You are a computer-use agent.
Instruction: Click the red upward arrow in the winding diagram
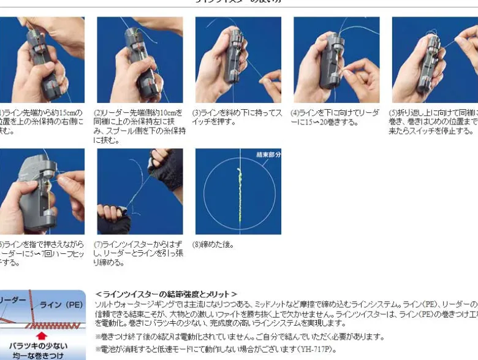[42, 335]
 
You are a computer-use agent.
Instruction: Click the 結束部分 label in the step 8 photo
[268, 155]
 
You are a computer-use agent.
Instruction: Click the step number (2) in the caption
[97, 113]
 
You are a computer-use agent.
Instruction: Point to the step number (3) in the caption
[197, 113]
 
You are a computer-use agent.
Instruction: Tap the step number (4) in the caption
[295, 113]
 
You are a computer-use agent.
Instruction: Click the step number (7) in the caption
[97, 245]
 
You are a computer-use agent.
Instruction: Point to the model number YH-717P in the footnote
[315, 349]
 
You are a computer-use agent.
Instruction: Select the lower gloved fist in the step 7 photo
[114, 218]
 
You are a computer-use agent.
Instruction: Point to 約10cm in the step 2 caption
[165, 113]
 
